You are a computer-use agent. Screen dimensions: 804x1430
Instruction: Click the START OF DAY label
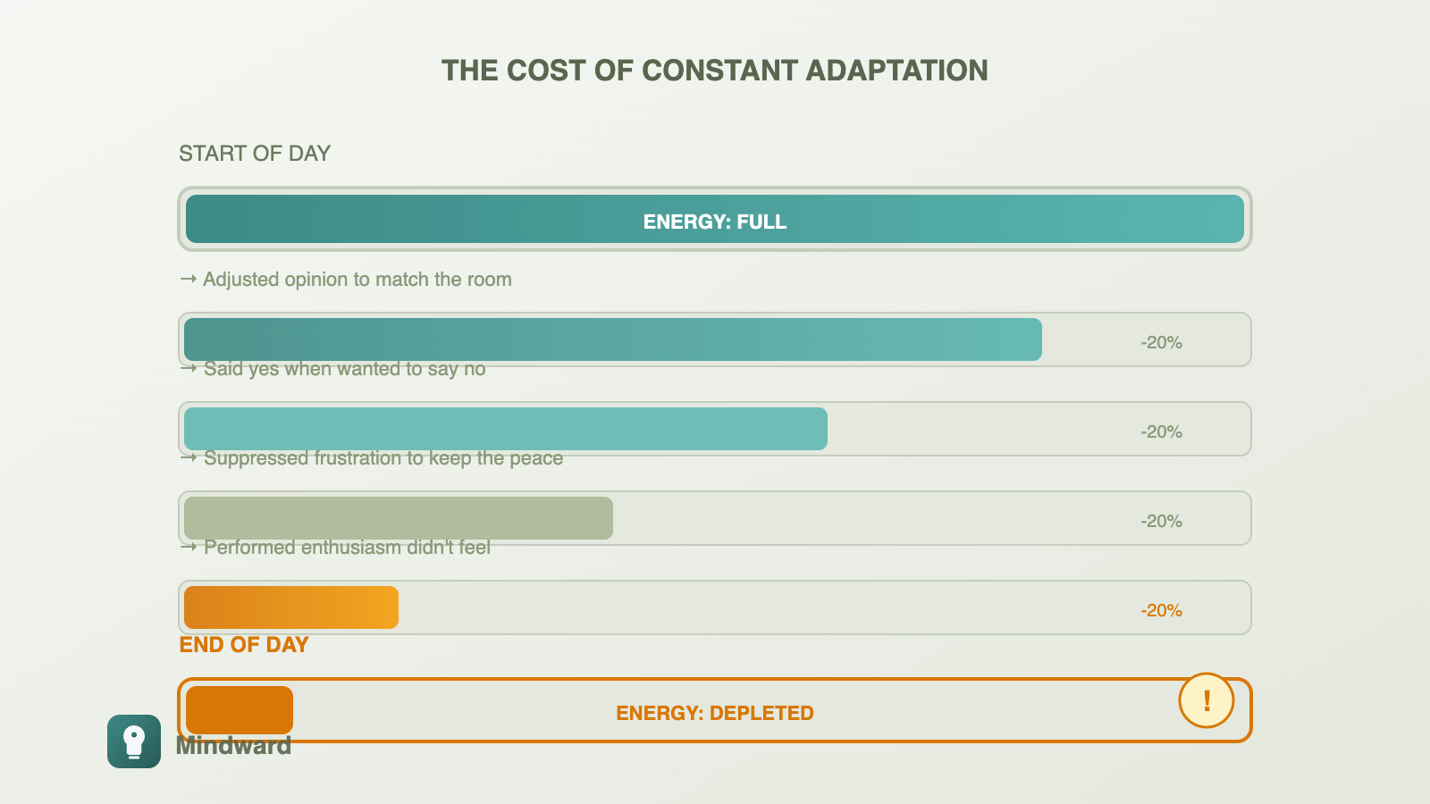point(255,154)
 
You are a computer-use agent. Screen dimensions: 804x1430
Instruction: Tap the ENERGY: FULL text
point(714,222)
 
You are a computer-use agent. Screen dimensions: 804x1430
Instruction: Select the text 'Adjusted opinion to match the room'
point(357,280)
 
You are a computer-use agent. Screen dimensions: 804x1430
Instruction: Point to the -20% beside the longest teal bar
point(1161,342)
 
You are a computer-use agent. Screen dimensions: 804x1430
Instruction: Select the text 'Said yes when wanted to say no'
point(344,369)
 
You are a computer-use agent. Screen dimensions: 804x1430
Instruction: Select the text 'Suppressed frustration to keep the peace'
point(383,458)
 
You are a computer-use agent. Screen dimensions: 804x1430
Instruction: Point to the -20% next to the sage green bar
point(1161,521)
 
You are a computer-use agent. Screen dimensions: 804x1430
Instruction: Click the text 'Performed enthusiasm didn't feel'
point(347,548)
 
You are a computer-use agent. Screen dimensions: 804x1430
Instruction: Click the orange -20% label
point(1161,610)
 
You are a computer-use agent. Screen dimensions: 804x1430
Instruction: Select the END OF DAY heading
point(244,645)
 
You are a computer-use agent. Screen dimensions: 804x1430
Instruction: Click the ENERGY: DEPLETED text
point(714,713)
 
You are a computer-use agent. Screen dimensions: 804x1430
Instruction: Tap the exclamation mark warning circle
point(1206,700)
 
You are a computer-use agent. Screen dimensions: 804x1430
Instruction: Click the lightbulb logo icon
point(134,741)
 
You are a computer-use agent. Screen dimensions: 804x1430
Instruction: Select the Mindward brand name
point(233,747)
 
